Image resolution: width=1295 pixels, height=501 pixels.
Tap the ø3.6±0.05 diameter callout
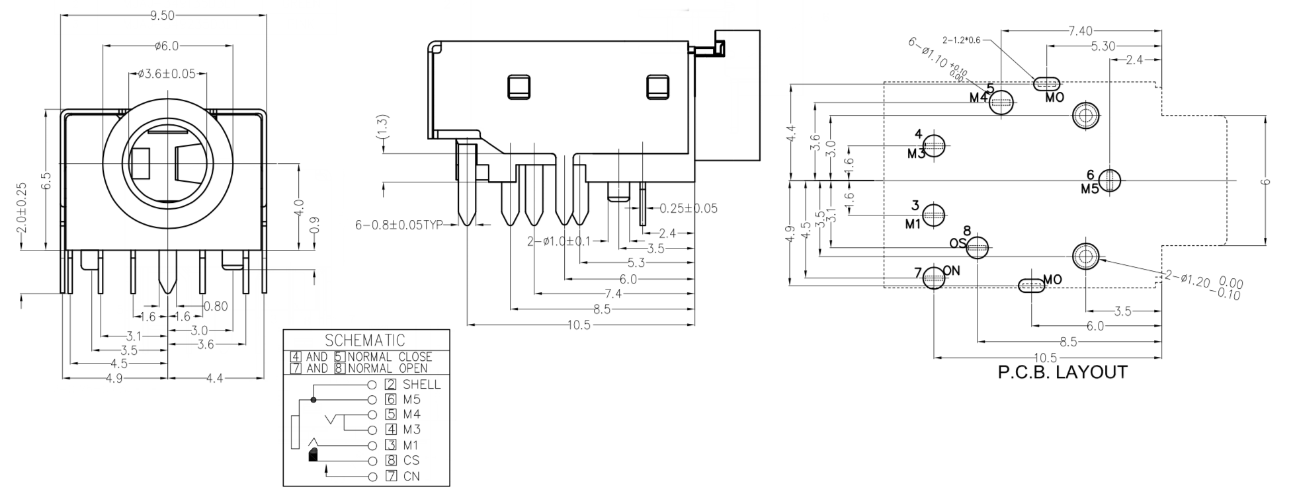(167, 73)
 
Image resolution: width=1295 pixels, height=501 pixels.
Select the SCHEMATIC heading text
(365, 340)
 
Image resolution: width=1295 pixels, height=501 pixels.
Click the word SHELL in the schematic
(421, 384)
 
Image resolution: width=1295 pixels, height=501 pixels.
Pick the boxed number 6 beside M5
(391, 399)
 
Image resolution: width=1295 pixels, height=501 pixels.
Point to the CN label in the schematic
(411, 476)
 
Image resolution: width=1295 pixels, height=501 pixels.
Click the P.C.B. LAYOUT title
(1062, 372)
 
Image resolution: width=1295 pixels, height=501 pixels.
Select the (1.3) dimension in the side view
(382, 128)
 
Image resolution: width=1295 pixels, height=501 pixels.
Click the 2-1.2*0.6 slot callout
(962, 40)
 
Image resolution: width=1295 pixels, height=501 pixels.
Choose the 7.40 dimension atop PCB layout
(1080, 30)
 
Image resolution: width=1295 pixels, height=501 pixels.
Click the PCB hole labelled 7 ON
(934, 278)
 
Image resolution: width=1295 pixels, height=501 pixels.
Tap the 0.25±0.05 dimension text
(689, 208)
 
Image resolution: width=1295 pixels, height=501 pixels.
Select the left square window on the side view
(519, 87)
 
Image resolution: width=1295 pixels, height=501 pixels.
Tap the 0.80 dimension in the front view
(216, 306)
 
